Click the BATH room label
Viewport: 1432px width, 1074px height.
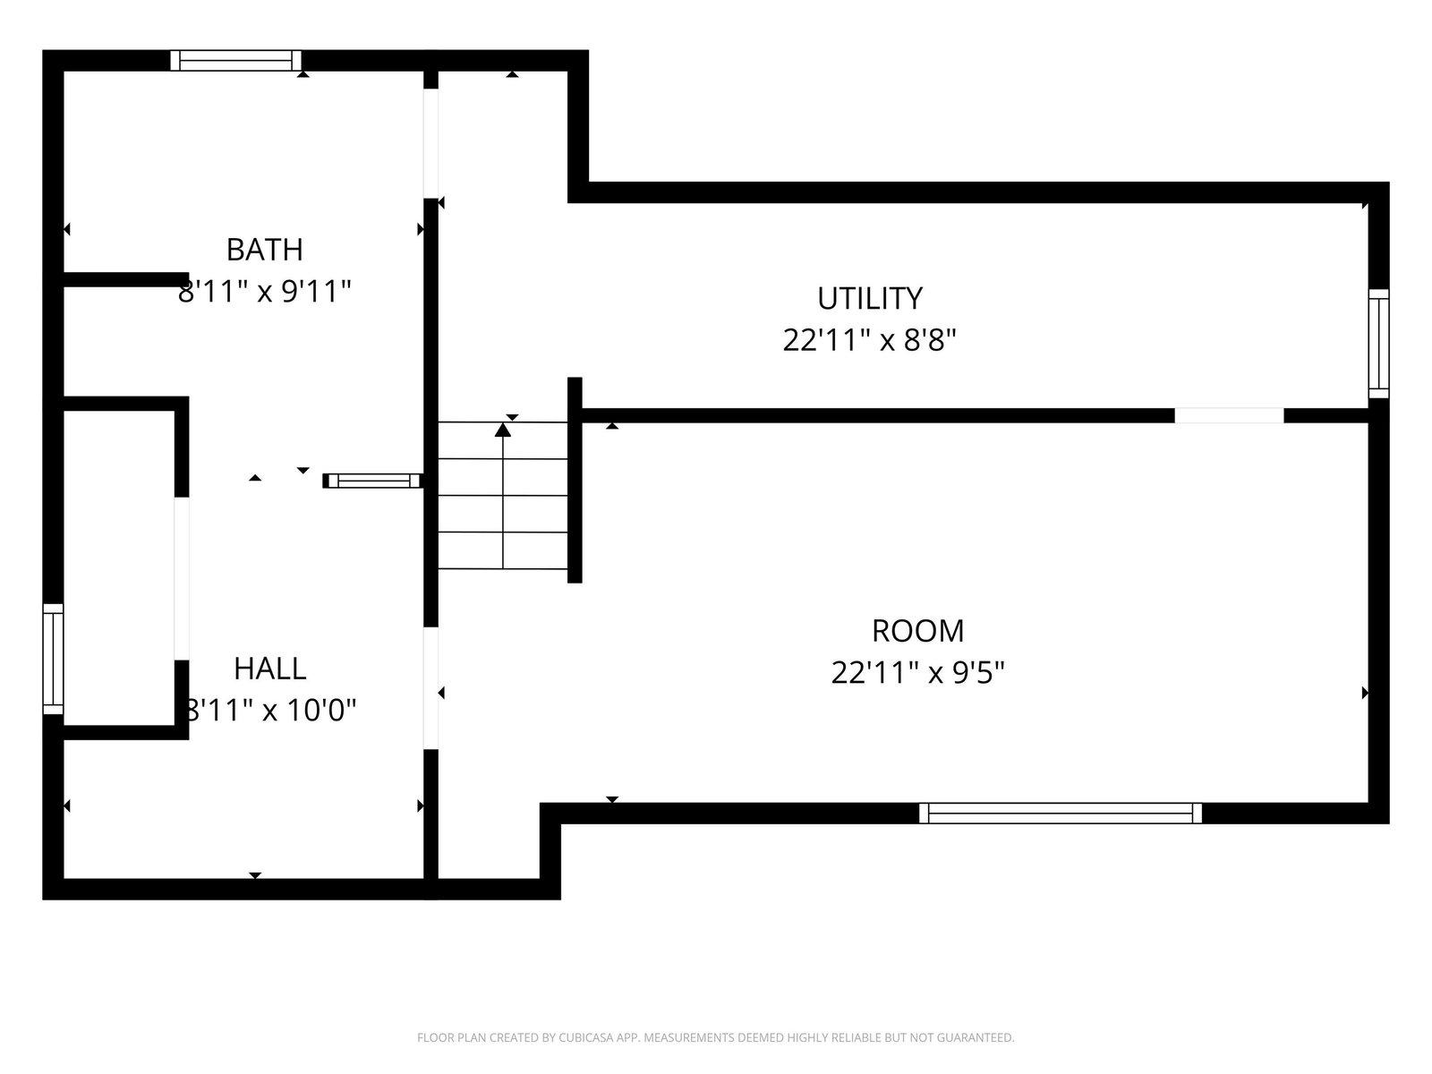(264, 250)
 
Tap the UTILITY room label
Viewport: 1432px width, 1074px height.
(870, 299)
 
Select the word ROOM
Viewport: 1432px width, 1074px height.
(918, 631)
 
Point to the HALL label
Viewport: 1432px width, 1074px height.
(270, 669)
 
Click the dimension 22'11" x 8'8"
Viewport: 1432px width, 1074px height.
(870, 340)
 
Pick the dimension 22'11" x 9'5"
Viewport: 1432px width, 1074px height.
(918, 672)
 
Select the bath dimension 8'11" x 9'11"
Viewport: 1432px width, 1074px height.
(264, 292)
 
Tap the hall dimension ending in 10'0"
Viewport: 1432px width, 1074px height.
(270, 710)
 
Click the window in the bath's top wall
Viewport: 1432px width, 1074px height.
(236, 61)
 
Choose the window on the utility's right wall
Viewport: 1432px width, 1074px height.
(1378, 344)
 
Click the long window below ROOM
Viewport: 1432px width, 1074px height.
(1061, 814)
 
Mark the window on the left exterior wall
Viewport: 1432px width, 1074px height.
(54, 660)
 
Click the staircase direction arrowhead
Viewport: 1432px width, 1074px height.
(502, 430)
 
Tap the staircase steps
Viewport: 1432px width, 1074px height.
(502, 496)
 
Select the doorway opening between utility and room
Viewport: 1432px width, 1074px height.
(1229, 415)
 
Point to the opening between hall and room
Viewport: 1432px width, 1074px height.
(430, 688)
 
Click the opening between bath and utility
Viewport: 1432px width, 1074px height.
(430, 143)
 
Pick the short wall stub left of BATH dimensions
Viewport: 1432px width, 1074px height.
(126, 280)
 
